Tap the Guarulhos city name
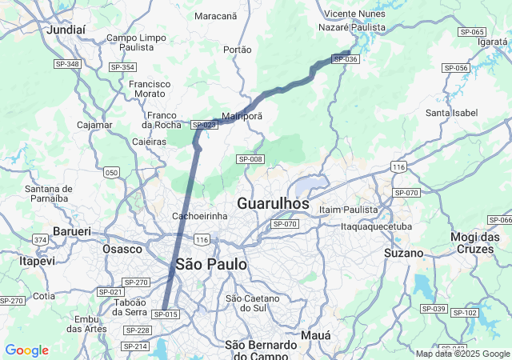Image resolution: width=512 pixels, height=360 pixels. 273,203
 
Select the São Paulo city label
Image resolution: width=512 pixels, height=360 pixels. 211,263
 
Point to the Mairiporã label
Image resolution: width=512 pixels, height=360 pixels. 242,115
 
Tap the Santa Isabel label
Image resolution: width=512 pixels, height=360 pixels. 452,113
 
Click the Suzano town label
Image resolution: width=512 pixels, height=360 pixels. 403,253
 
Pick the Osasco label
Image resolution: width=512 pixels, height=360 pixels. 122,249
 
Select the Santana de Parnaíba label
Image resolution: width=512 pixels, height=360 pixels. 50,194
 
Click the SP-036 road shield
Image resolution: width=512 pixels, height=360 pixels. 345,58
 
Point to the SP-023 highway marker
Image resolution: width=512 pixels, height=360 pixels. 204,125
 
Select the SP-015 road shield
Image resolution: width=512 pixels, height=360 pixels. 166,314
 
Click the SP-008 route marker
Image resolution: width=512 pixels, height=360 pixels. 250,159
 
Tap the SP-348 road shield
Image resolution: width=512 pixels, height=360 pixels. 66,63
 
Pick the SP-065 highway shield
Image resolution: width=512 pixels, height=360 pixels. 472,32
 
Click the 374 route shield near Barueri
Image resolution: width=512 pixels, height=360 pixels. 40,239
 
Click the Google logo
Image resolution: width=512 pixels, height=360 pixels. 26,350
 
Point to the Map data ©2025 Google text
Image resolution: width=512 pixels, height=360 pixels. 462,354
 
